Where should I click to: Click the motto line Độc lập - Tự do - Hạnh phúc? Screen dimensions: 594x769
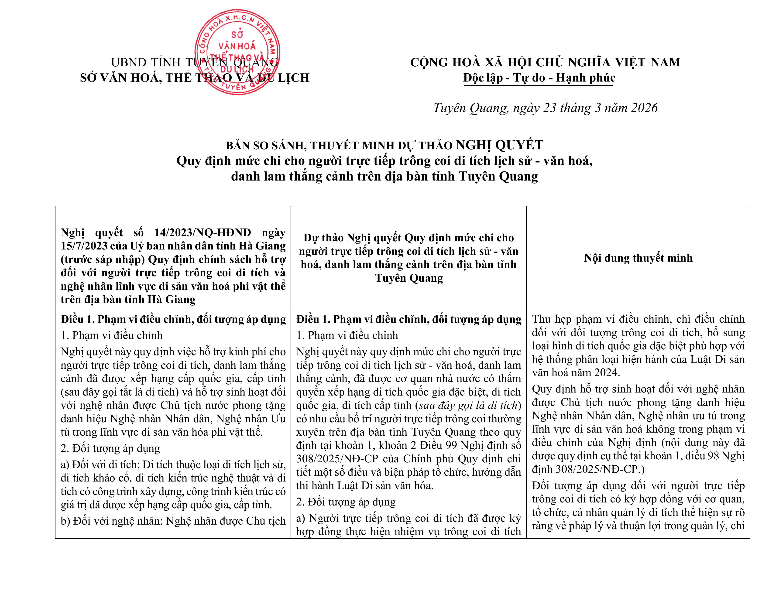pyautogui.click(x=539, y=78)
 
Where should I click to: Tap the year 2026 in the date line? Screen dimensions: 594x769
pyautogui.click(x=644, y=108)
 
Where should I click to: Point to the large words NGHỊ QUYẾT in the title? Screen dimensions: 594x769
pyautogui.click(x=500, y=145)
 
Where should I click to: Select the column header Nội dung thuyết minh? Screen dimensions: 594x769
pyautogui.click(x=638, y=258)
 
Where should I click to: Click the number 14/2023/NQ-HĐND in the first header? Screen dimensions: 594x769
pyautogui.click(x=203, y=233)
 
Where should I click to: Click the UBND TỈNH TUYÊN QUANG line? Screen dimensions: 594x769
pyautogui.click(x=194, y=63)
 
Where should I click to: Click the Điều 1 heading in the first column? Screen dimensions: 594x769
pyautogui.click(x=173, y=319)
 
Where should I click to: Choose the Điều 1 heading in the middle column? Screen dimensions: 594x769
pyautogui.click(x=409, y=319)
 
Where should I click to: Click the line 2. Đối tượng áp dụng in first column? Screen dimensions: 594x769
pyautogui.click(x=110, y=448)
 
